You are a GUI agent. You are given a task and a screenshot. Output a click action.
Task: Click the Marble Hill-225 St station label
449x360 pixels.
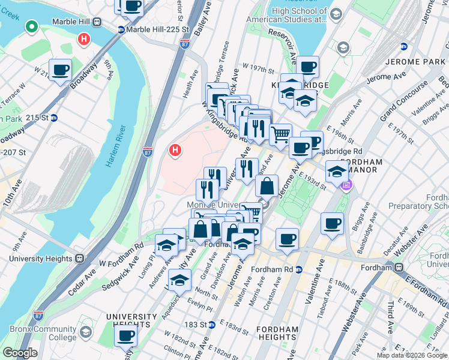click(152, 30)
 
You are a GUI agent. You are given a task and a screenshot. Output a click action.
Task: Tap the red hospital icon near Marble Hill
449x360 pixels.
click(85, 40)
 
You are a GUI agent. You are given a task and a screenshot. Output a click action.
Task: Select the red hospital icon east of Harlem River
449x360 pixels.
click(175, 149)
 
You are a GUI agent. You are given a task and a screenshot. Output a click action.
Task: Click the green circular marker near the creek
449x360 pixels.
click(31, 26)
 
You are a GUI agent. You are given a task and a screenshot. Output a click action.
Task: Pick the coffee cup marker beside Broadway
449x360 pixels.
click(60, 70)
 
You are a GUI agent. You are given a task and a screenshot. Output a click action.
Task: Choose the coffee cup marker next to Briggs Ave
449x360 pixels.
click(332, 224)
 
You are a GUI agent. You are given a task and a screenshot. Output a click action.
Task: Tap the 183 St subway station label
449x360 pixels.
click(203, 325)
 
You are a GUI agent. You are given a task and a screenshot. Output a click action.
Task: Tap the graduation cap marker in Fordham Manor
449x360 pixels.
click(337, 172)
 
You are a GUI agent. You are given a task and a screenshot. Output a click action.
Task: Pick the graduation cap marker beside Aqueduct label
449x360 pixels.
click(178, 280)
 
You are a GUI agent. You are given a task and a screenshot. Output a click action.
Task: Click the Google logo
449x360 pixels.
click(20, 353)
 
